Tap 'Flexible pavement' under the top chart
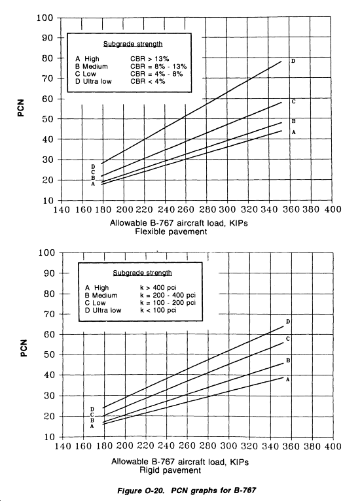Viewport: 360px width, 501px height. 171,232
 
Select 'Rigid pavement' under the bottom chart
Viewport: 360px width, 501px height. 170,470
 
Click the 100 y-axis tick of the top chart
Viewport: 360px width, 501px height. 45,18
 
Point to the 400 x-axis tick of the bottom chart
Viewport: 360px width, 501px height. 333,446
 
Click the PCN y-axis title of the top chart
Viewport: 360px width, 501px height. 22,109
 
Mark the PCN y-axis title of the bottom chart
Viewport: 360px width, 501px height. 24,348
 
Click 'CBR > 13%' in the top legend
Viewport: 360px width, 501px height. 150,59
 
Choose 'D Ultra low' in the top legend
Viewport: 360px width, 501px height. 94,82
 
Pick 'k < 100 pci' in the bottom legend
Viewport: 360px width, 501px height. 158,310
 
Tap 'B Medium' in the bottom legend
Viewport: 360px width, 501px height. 101,295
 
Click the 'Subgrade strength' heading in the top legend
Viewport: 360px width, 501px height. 133,44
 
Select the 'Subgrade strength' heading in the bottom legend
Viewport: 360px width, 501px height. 142,273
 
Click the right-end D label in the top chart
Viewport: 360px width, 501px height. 293,61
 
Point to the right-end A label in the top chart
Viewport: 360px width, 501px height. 293,132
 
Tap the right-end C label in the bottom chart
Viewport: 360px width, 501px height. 288,339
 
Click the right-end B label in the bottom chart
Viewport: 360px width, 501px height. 288,360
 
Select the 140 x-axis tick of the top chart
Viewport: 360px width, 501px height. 62,209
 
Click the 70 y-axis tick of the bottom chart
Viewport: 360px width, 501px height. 49,314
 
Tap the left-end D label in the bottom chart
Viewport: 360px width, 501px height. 92,409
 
